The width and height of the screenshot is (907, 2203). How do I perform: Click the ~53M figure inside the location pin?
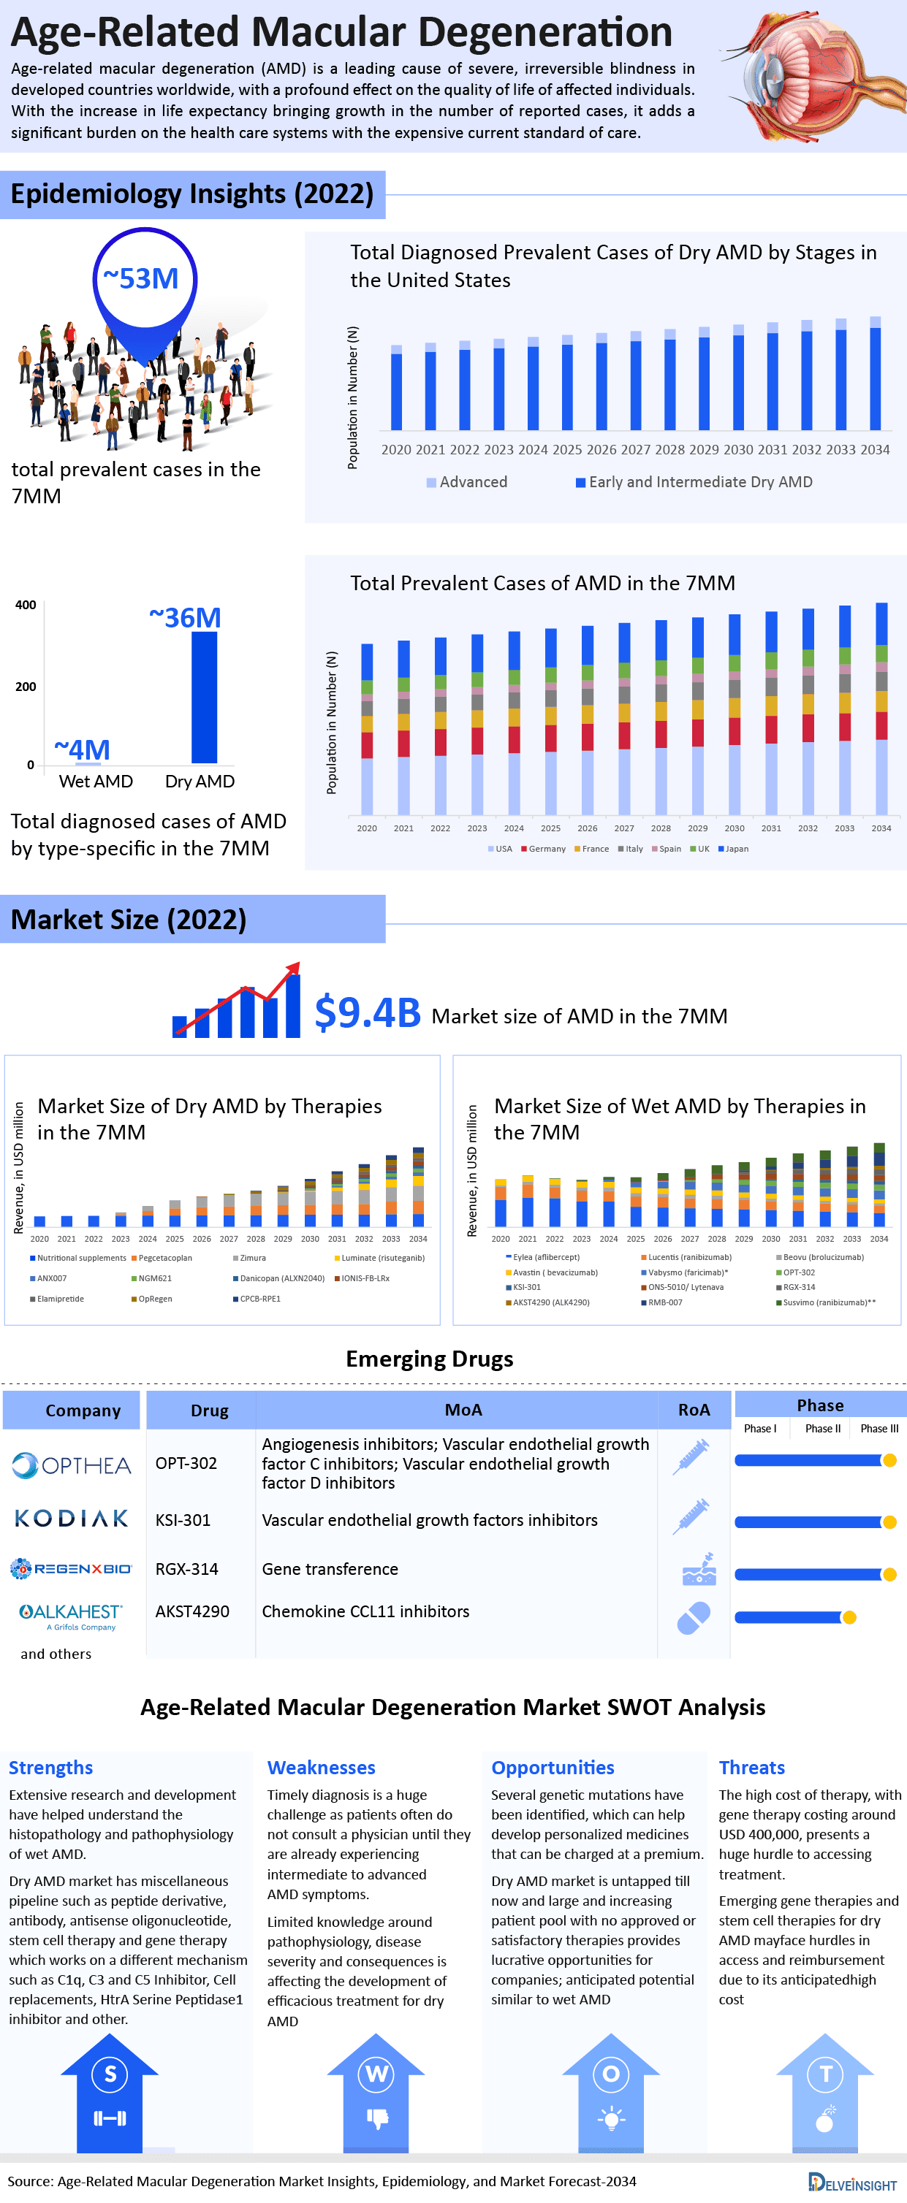coord(141,279)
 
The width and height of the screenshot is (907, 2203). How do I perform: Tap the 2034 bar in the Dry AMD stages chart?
coord(875,376)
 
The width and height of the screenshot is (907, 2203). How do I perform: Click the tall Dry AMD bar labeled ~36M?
coord(204,696)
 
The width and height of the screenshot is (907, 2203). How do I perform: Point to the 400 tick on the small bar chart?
coord(26,605)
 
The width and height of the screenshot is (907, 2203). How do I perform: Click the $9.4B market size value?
coord(367,1012)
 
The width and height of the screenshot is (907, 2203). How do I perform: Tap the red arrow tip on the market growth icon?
coord(295,966)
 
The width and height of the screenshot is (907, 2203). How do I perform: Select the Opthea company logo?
coord(72,1466)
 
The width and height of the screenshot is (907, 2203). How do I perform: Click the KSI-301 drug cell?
coord(183,1520)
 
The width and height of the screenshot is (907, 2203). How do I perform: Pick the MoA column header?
coord(463,1409)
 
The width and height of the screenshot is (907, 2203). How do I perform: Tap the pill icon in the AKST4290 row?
coord(693,1618)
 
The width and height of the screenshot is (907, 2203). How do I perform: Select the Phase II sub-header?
coord(822,1428)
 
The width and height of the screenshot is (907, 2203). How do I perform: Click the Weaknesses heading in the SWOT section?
coord(321,1768)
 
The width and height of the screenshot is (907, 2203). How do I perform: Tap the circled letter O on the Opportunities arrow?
coord(610,2074)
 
